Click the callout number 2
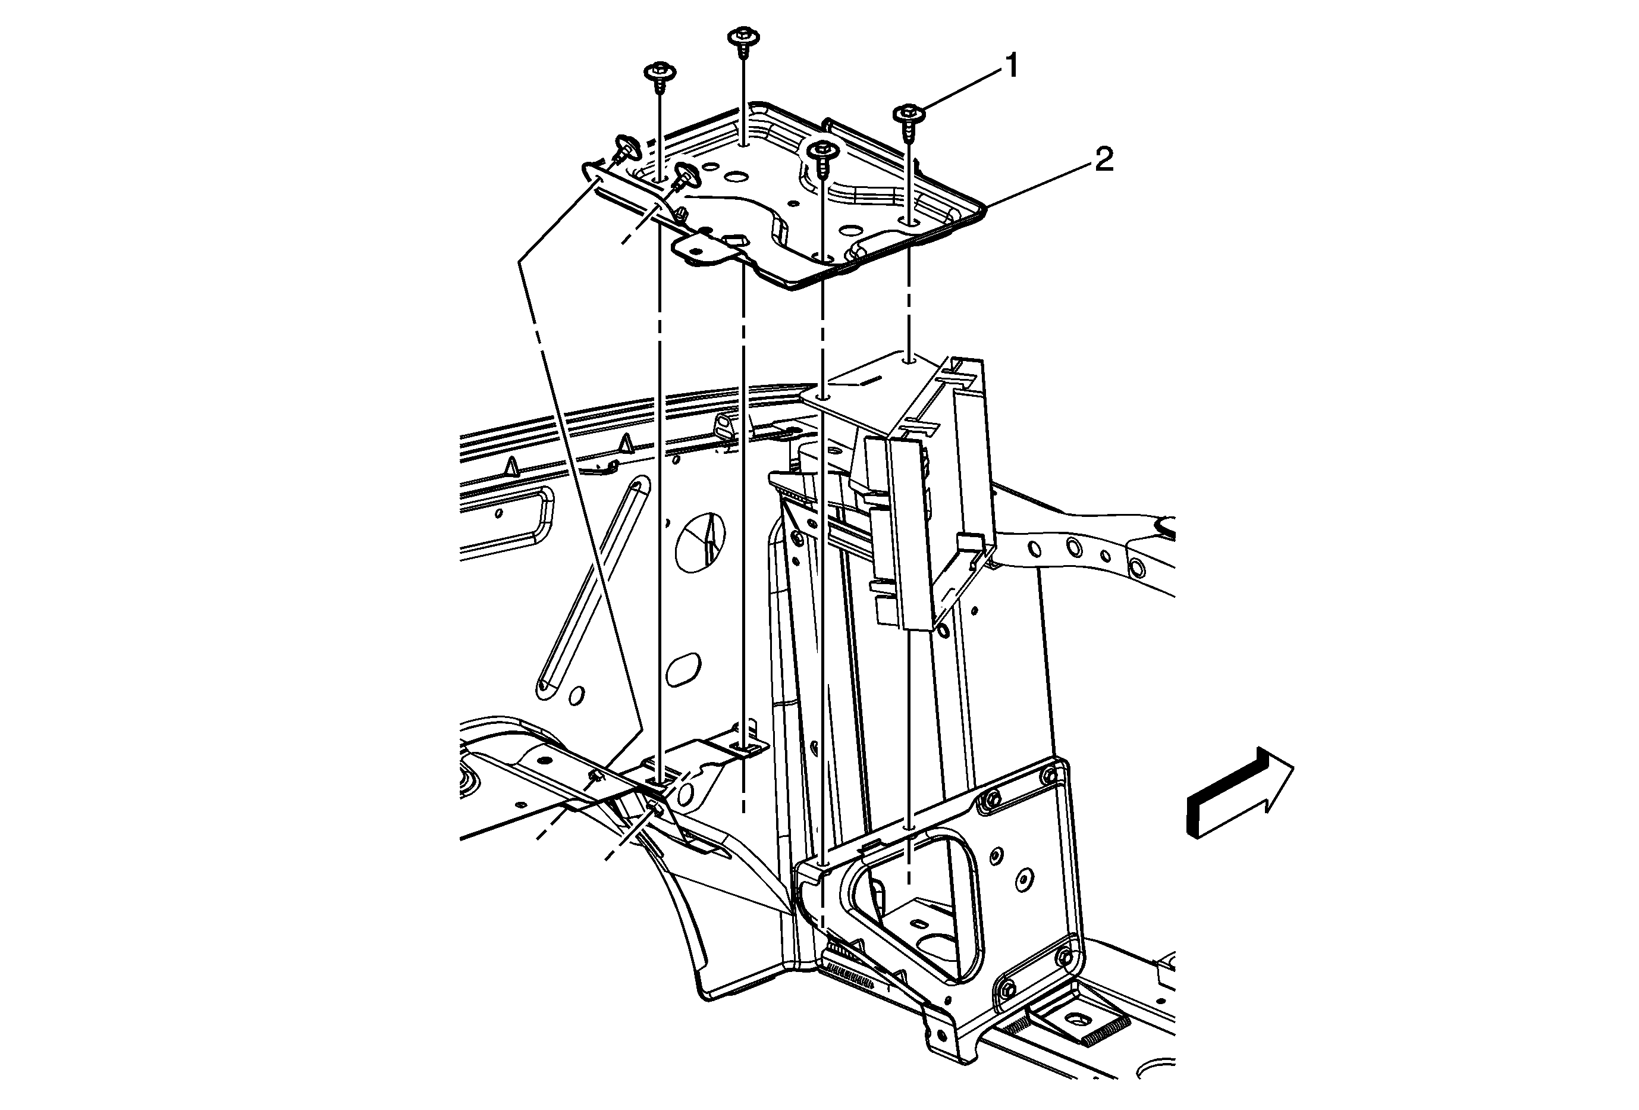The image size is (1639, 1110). [1104, 160]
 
